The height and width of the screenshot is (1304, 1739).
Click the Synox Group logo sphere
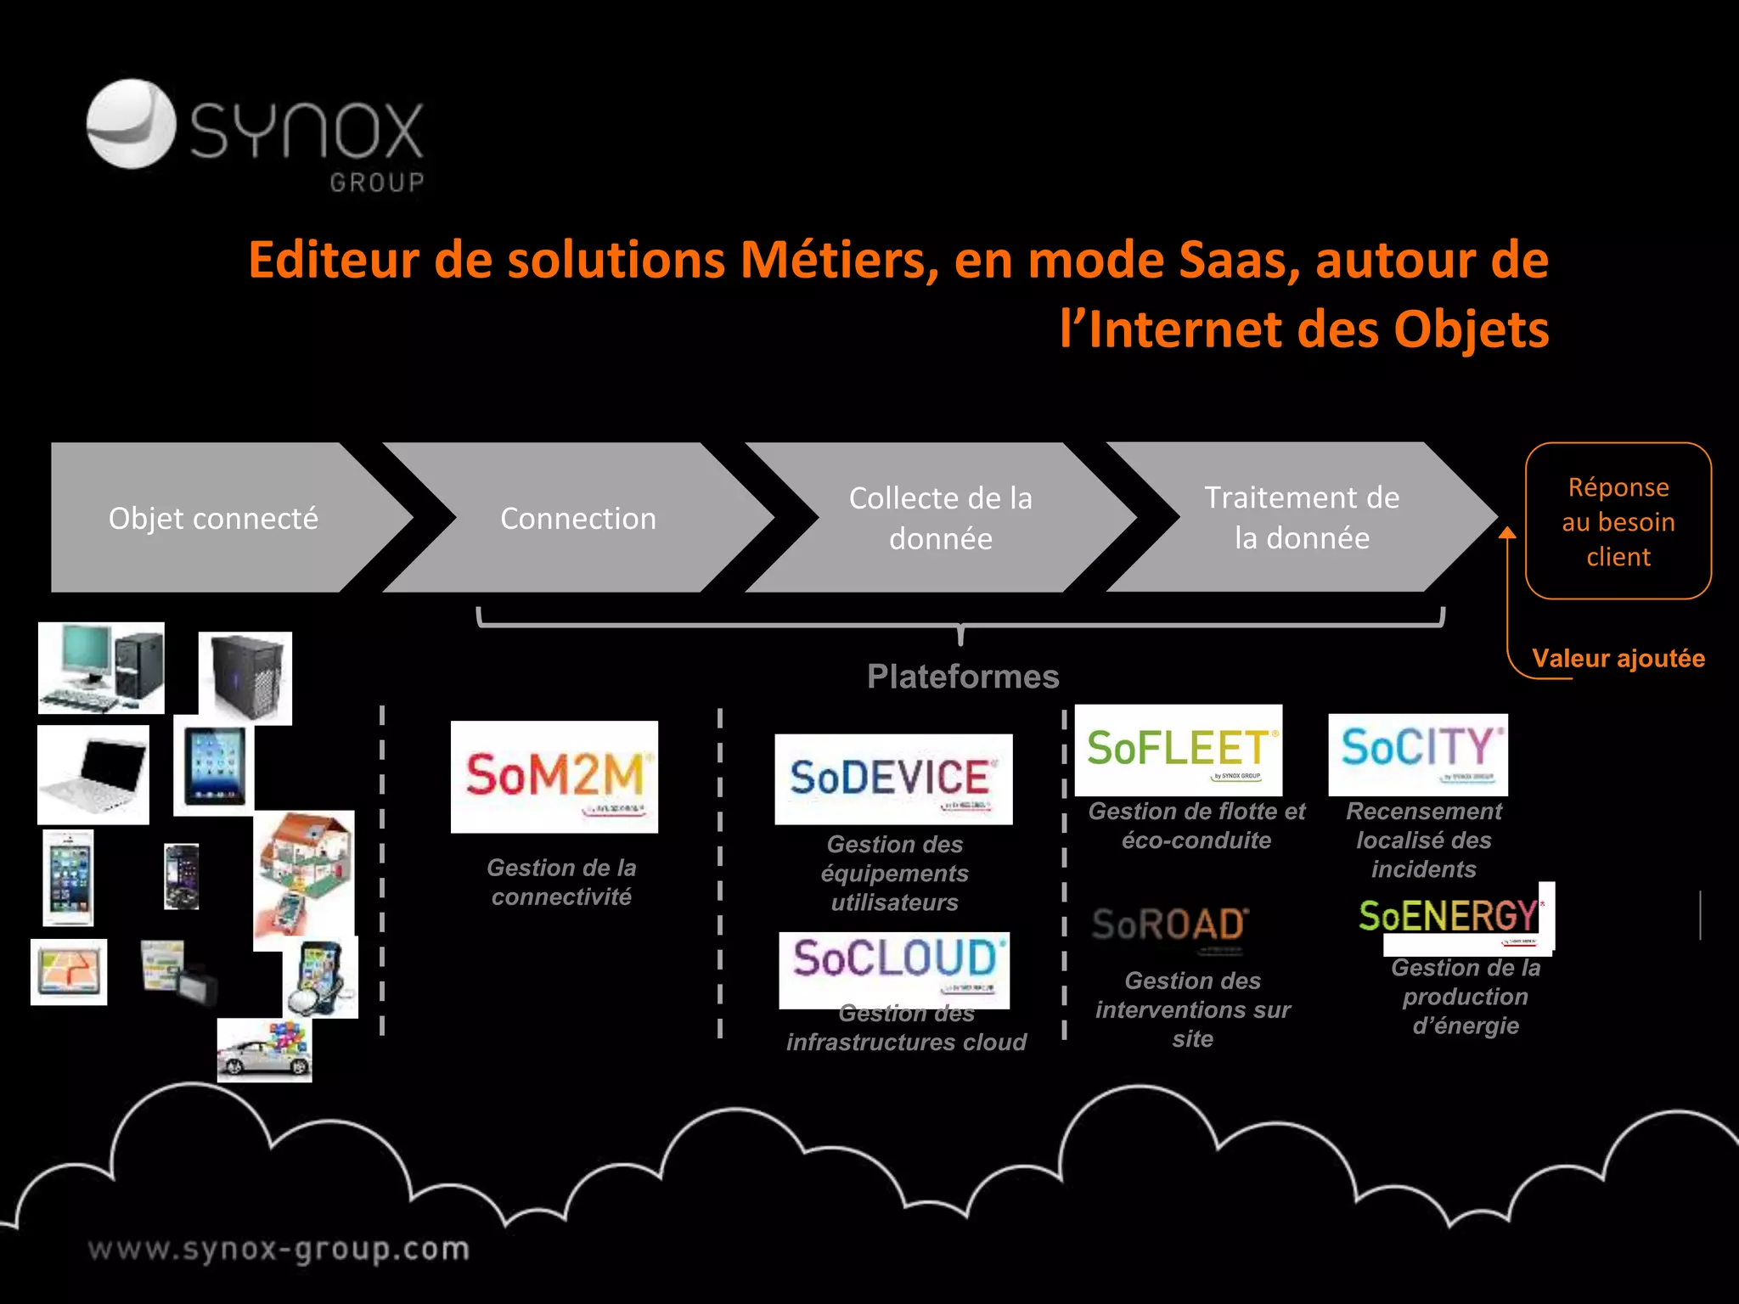click(131, 124)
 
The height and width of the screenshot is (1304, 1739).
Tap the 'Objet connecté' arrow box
click(212, 518)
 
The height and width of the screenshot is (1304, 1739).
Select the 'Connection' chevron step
click(577, 518)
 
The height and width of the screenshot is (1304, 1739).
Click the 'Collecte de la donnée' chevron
click(940, 518)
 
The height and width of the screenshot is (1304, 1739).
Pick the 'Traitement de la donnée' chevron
click(1302, 517)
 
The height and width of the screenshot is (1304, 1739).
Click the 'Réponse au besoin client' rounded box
click(1618, 521)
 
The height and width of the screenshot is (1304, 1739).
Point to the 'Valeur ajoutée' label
click(1618, 658)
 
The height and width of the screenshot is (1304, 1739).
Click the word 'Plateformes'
click(963, 677)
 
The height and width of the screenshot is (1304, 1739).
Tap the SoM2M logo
click(554, 777)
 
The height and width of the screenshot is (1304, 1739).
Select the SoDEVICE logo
click(893, 778)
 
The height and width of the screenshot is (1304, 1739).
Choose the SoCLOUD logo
click(894, 969)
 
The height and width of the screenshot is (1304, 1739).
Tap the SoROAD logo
click(1170, 926)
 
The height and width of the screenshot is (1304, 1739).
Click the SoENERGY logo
click(1454, 919)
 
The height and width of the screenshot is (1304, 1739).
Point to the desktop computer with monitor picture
click(101, 668)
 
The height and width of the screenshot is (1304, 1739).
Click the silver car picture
click(264, 1051)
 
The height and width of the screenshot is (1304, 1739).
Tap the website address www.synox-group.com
click(279, 1250)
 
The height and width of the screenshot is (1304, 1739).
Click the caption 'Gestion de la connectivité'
click(561, 882)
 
